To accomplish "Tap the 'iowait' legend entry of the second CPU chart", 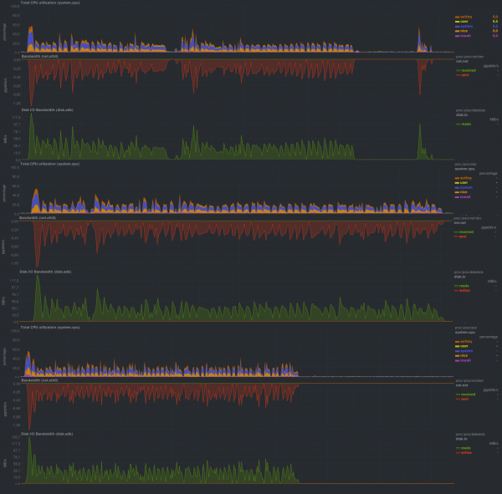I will [463, 191].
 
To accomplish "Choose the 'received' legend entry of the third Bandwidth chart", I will [466, 393].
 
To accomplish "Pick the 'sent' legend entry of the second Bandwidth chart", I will [463, 237].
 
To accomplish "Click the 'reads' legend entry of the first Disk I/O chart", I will [464, 124].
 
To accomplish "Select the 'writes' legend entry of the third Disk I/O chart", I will [465, 453].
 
